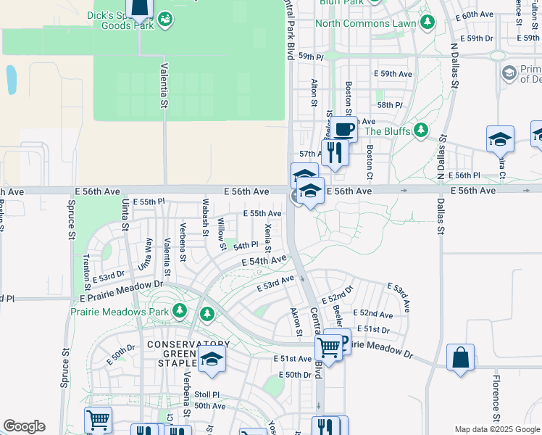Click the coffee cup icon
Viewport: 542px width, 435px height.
click(345, 130)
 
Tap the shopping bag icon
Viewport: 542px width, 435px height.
click(460, 357)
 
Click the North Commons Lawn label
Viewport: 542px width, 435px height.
click(366, 23)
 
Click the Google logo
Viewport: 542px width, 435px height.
click(24, 426)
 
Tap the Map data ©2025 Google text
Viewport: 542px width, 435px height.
click(496, 429)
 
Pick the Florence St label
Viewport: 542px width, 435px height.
click(496, 397)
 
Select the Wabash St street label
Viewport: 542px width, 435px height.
click(206, 212)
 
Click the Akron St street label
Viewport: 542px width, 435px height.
click(295, 322)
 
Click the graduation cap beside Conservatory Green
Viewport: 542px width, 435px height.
click(212, 358)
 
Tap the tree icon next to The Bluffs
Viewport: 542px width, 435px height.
click(420, 131)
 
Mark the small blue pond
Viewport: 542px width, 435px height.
click(11, 80)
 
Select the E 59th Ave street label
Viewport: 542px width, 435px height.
click(393, 74)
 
